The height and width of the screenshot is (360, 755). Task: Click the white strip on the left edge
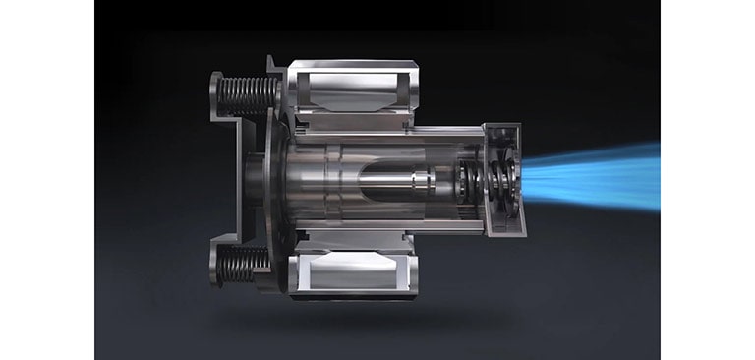click(47, 180)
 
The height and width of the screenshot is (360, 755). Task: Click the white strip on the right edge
click(707, 180)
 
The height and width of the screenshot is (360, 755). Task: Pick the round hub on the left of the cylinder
click(258, 180)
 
